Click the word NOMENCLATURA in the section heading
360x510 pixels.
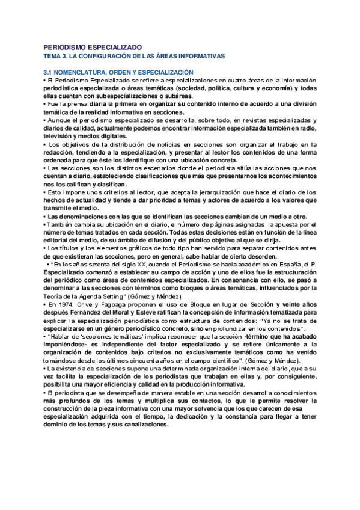click(x=85, y=72)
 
